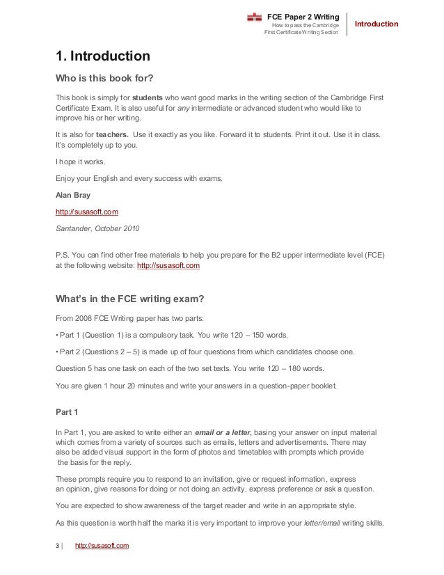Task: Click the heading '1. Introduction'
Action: coord(102,55)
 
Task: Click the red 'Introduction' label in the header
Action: coord(376,24)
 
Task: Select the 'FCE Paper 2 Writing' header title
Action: coord(303,15)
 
